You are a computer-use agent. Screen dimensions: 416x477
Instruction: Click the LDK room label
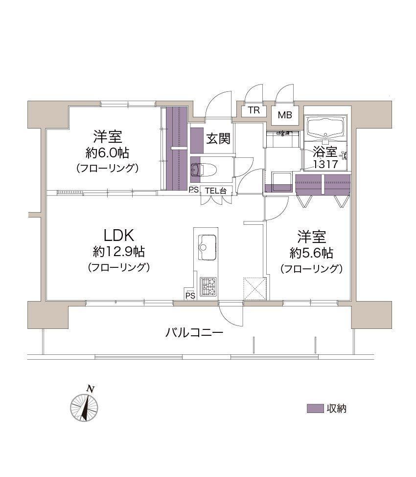point(119,236)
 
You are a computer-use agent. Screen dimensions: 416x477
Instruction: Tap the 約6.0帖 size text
point(107,152)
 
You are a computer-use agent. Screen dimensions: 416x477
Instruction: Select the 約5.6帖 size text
point(312,253)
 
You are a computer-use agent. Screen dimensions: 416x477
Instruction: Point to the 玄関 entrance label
point(218,139)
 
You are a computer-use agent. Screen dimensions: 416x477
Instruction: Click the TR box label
point(254,110)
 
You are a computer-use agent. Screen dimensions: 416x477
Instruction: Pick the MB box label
point(285,115)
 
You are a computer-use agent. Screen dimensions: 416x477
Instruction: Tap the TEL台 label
point(216,191)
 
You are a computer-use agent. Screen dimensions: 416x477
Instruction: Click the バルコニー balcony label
point(194,332)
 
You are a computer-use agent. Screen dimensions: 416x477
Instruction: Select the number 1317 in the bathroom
point(325,164)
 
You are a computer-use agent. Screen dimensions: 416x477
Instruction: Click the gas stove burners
point(208,286)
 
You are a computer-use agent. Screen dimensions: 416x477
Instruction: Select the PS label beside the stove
point(190,295)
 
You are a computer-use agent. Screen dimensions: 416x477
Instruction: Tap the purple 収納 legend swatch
point(315,409)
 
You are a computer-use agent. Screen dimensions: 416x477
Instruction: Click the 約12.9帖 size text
point(119,252)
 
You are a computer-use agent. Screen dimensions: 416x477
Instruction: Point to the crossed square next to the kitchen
point(254,288)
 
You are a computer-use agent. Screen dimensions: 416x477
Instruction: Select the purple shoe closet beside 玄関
point(197,140)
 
